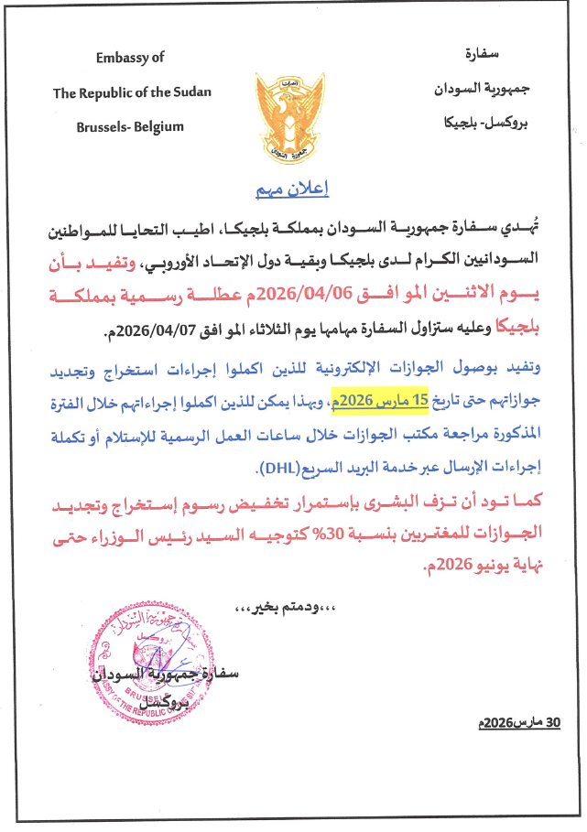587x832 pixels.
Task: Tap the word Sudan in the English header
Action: tap(190, 92)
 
